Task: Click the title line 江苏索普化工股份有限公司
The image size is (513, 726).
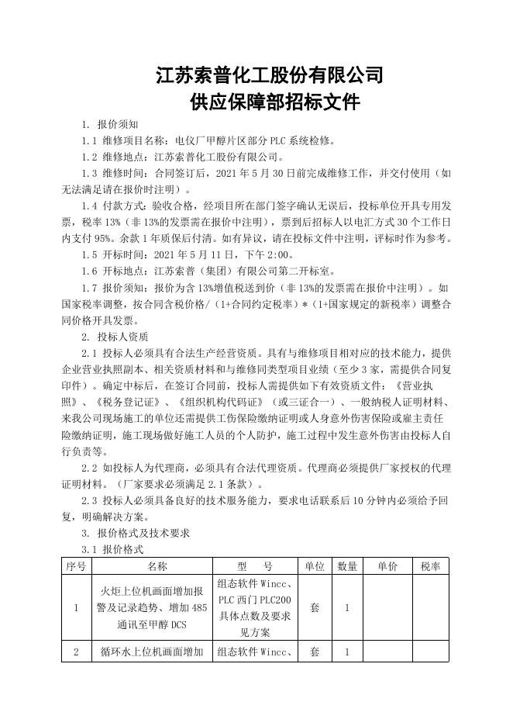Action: coord(270,75)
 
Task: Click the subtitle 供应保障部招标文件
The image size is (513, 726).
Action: coord(270,102)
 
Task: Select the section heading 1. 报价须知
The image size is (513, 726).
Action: coord(110,124)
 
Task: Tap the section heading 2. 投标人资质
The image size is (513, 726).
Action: coord(115,337)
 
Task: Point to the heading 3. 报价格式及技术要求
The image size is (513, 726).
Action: coord(136,534)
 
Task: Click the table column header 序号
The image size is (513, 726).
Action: coord(76,567)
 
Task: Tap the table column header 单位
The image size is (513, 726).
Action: coord(314,567)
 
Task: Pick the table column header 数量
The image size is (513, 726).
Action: coord(347,567)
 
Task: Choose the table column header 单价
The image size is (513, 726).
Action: coord(388,567)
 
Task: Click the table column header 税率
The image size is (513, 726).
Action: coord(431,567)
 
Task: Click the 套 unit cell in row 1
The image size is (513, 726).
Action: coord(314,608)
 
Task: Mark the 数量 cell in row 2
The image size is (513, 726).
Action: coord(347,652)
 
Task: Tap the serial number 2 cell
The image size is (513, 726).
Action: coord(76,652)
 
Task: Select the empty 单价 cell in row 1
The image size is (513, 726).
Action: coord(388,608)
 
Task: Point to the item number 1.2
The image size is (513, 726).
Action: coord(89,157)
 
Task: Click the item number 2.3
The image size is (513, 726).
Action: coord(89,501)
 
